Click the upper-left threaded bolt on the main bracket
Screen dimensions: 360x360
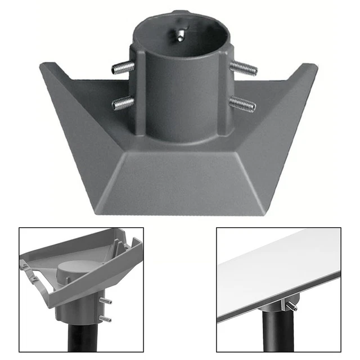123,68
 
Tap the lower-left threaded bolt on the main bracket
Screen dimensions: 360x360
123,103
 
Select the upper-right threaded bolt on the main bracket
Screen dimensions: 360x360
243,69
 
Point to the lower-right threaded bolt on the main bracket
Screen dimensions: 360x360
242,103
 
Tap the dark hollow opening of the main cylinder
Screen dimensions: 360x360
183,42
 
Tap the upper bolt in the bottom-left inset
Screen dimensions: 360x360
105,301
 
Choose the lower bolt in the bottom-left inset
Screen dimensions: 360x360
105,319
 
